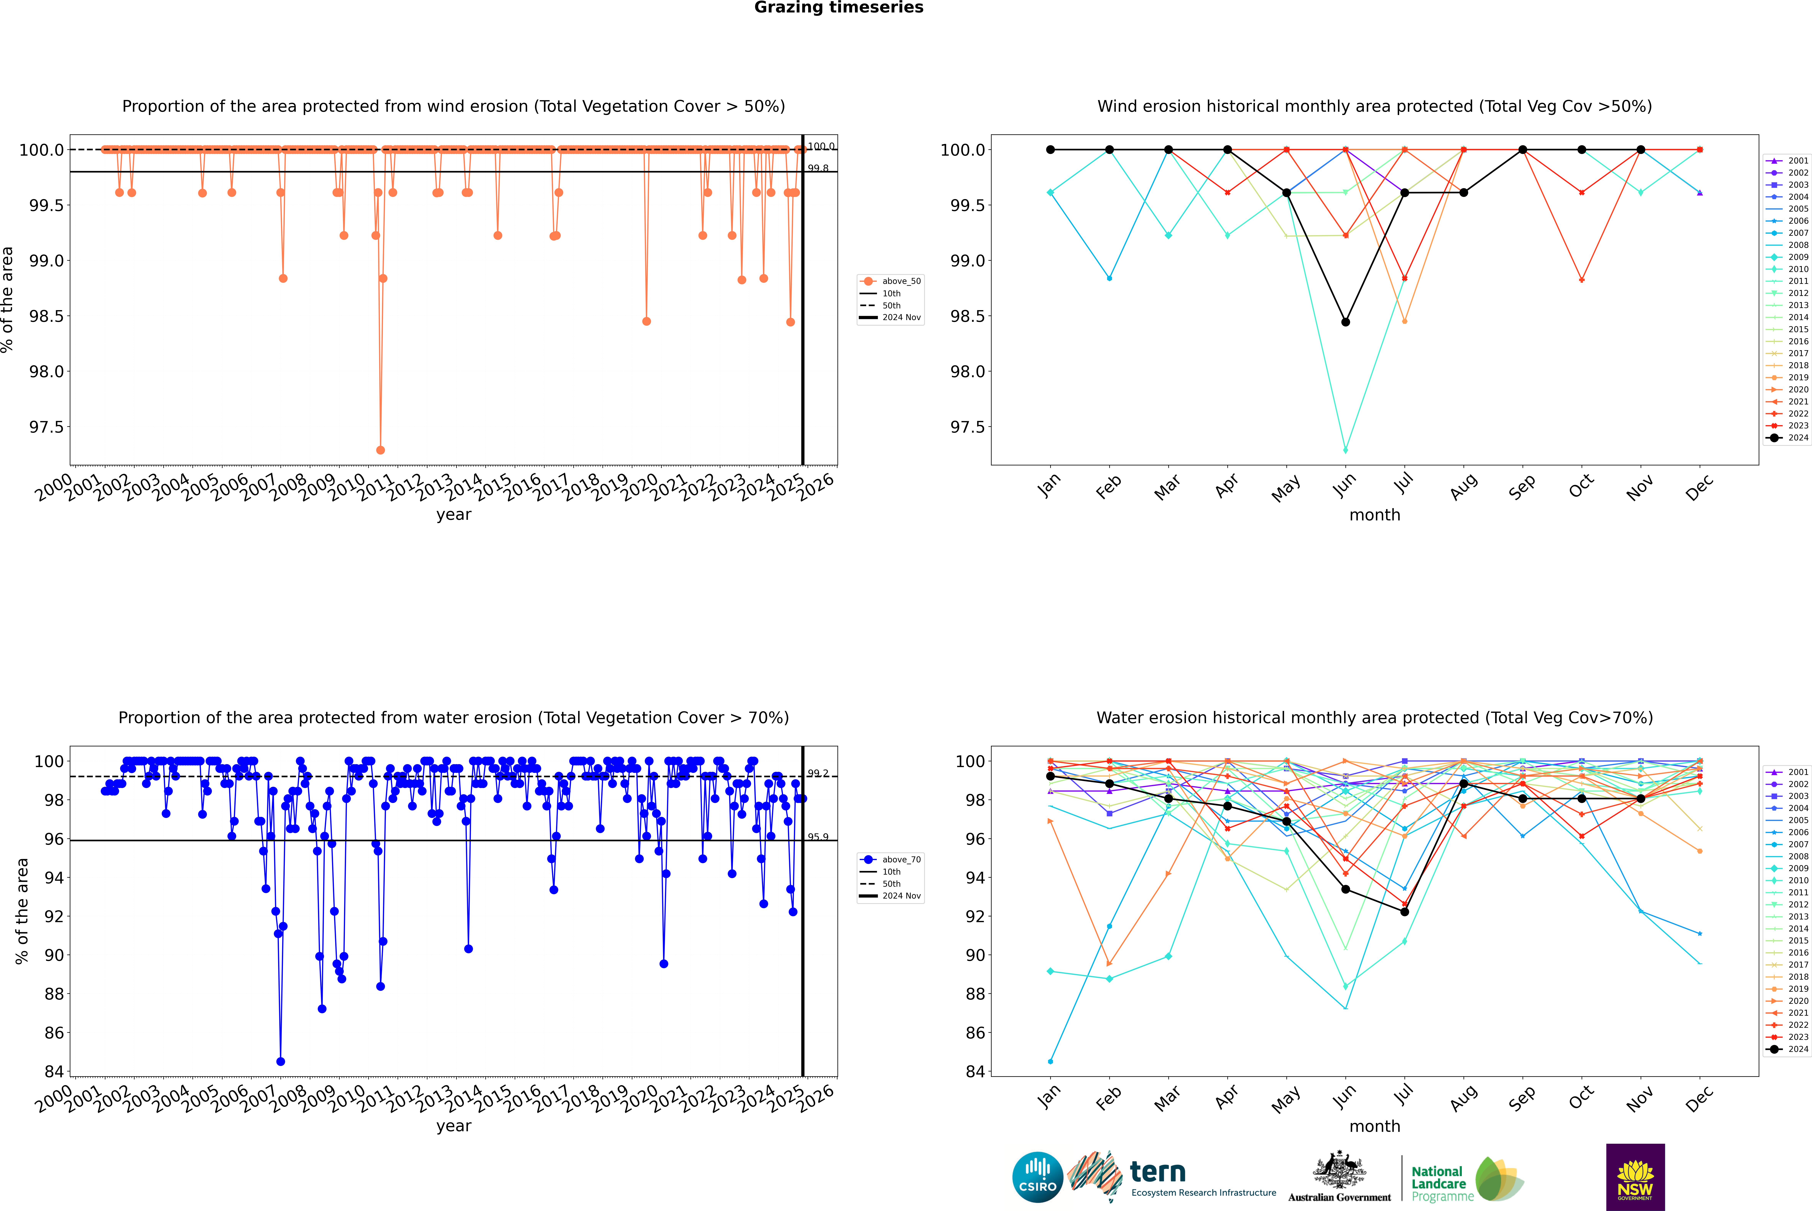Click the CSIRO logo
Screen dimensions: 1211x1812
(x=1037, y=1177)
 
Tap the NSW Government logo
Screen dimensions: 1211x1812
(x=1635, y=1177)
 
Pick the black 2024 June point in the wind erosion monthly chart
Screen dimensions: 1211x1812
(x=1345, y=322)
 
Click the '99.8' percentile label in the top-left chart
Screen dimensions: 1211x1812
(x=818, y=168)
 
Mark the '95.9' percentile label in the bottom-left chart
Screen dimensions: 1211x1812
(x=818, y=837)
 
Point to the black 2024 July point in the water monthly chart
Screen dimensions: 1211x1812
(x=1404, y=912)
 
